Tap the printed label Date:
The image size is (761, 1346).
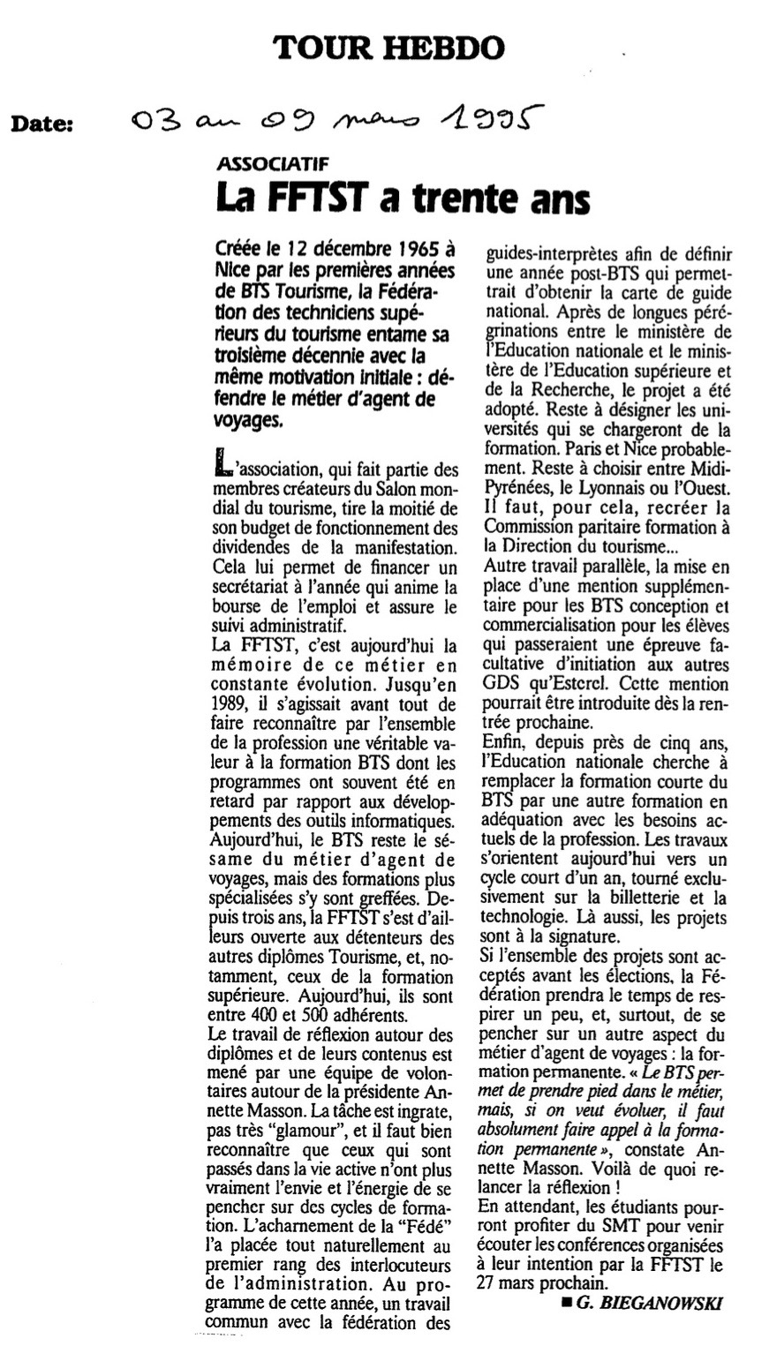tap(42, 125)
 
